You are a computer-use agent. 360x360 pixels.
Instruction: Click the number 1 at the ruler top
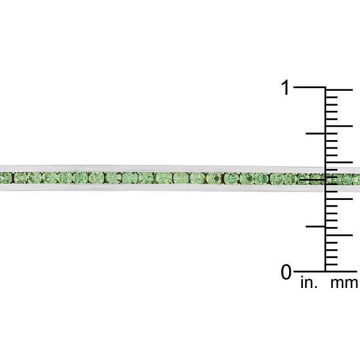285,88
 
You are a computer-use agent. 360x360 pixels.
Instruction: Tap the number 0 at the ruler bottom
286,272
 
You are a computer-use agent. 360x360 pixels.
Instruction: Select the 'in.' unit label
309,283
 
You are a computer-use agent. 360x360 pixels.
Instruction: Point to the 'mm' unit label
344,284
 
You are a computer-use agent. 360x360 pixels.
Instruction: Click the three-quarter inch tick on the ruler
316,133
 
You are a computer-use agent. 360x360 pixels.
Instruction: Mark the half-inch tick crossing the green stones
312,180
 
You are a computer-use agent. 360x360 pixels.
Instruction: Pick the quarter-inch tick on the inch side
316,227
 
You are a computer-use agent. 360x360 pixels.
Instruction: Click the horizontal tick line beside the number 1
310,88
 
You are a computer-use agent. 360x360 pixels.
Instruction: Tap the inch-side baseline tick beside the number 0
310,271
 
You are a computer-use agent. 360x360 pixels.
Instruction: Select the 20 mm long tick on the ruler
340,126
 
